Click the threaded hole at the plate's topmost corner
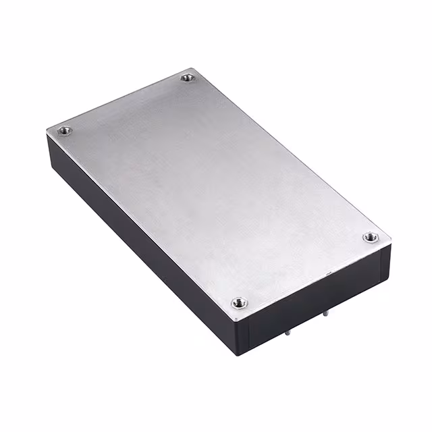(x=188, y=79)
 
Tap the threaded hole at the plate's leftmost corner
(x=65, y=130)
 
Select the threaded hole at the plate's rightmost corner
(x=370, y=237)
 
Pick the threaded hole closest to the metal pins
(x=239, y=303)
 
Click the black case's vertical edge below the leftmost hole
(x=48, y=145)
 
